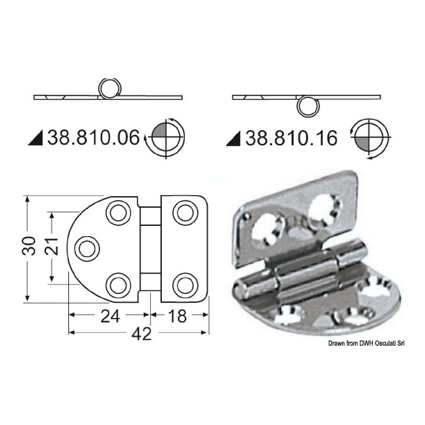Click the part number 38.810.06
coord(93,138)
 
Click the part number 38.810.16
coord(291,138)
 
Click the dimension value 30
coord(29,246)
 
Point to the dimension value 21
coord(51,246)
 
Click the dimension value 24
coord(110,316)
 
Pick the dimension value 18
coord(178,316)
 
